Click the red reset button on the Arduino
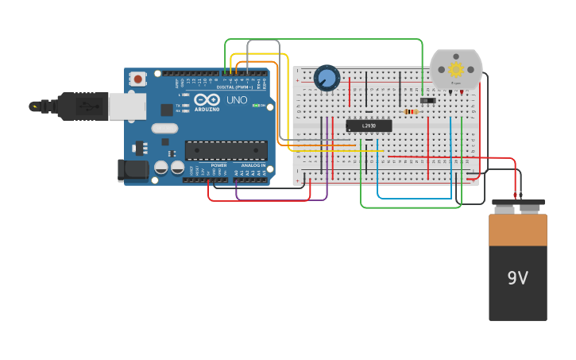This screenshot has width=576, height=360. point(138,79)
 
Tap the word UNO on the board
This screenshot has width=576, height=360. point(237,101)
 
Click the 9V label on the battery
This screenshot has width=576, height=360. point(517,278)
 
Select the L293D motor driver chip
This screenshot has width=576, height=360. point(369,126)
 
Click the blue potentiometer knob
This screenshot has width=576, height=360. point(327,78)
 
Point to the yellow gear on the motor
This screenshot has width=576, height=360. point(456,70)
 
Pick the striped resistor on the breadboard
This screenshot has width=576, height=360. point(411,111)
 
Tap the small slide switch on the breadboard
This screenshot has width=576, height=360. point(428,100)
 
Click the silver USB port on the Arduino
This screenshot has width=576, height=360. point(127,106)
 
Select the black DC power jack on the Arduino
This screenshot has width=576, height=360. point(132,169)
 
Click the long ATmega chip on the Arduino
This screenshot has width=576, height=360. point(226,150)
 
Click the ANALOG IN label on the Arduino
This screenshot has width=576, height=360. point(253,165)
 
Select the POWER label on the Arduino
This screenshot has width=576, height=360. point(218,165)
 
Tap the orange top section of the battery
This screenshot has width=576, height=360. point(517,230)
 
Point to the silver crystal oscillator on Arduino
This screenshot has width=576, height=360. point(164,128)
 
